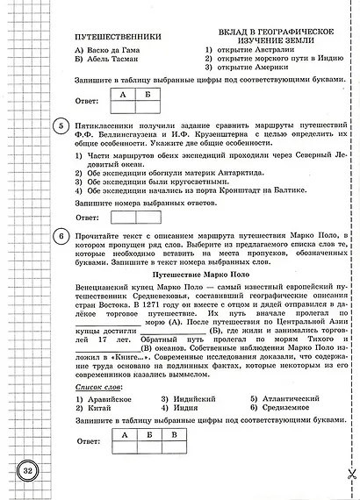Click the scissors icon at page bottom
point(347,474)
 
